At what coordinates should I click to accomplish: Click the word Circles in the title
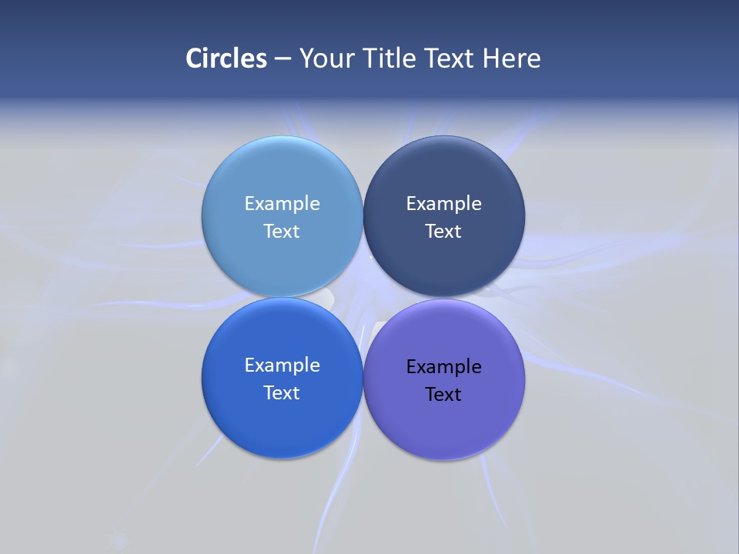pyautogui.click(x=226, y=58)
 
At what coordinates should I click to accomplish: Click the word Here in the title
pyautogui.click(x=512, y=58)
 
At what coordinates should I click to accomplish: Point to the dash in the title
pyautogui.click(x=283, y=59)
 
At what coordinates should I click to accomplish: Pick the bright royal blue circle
pyautogui.click(x=282, y=423)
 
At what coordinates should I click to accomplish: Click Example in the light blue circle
pyautogui.click(x=282, y=204)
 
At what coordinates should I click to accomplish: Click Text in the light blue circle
pyautogui.click(x=282, y=232)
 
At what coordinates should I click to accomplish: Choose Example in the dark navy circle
pyautogui.click(x=443, y=204)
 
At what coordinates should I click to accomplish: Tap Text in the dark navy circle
pyautogui.click(x=443, y=232)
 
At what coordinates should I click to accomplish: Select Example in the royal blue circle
pyautogui.click(x=282, y=365)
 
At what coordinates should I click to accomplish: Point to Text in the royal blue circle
pyautogui.click(x=282, y=393)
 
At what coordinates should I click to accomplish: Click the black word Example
pyautogui.click(x=443, y=367)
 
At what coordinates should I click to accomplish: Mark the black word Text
pyautogui.click(x=443, y=395)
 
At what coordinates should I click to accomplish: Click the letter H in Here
pyautogui.click(x=490, y=58)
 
